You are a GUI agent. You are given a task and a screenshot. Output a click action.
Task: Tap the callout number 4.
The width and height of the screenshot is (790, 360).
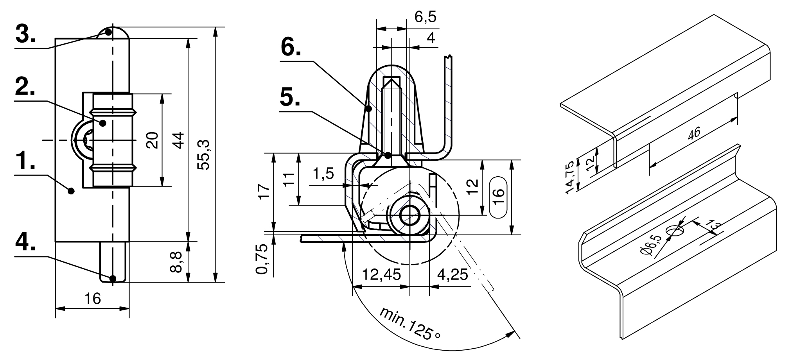pos(25,243)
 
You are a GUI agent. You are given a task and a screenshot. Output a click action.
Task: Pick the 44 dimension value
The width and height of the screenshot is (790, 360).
pos(178,140)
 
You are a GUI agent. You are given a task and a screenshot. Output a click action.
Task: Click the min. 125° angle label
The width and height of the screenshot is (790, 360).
pos(411,323)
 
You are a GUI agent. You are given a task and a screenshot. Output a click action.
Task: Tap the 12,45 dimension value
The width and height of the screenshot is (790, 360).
pos(381,275)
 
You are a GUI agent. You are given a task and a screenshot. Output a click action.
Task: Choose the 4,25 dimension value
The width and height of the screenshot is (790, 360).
pos(452,275)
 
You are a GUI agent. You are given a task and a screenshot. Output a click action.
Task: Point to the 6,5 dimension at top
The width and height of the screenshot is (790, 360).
pos(425,17)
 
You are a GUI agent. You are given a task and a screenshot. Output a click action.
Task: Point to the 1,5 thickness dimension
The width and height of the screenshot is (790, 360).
pos(323,173)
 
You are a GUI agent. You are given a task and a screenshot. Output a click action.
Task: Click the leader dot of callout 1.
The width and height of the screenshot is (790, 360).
pos(71,191)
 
